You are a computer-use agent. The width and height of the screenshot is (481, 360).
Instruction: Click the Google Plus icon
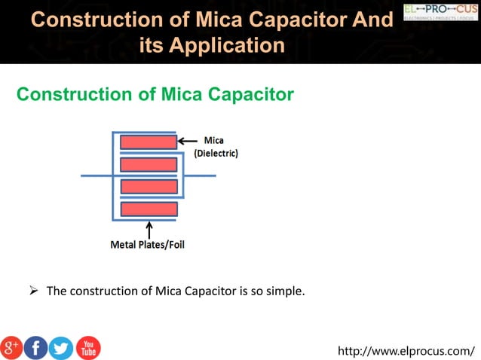pyautogui.click(x=13, y=347)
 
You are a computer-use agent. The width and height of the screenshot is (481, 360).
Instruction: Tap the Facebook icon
pyautogui.click(x=36, y=347)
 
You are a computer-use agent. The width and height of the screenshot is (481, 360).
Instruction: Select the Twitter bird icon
pyautogui.click(x=61, y=347)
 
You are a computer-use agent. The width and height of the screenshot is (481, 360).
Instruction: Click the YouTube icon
pyautogui.click(x=87, y=347)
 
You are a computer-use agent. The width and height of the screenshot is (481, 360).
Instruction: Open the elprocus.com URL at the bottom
pyautogui.click(x=406, y=350)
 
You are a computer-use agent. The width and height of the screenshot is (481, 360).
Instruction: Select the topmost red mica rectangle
pyautogui.click(x=149, y=142)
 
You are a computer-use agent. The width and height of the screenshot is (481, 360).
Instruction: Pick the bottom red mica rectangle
pyautogui.click(x=149, y=209)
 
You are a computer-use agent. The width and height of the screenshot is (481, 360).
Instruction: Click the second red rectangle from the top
pyautogui.click(x=149, y=164)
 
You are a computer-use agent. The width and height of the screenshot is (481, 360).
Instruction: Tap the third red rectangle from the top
pyautogui.click(x=149, y=186)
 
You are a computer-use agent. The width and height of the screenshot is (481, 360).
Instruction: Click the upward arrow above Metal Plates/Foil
pyautogui.click(x=149, y=229)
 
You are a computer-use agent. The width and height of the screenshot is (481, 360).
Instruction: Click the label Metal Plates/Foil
pyautogui.click(x=149, y=245)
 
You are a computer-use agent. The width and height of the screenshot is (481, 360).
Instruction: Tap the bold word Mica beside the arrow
pyautogui.click(x=213, y=141)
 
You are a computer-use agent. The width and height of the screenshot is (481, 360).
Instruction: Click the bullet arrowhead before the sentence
pyautogui.click(x=33, y=290)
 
